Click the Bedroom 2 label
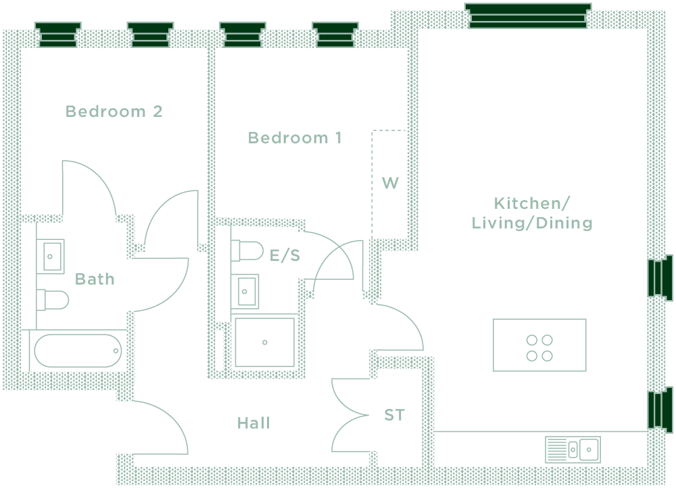click(114, 112)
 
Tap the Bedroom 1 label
click(295, 139)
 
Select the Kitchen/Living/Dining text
click(532, 213)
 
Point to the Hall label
click(254, 423)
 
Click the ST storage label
click(394, 415)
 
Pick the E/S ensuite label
click(285, 255)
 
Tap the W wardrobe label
click(390, 182)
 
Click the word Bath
click(95, 278)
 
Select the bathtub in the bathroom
click(78, 351)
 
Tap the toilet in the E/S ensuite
click(247, 251)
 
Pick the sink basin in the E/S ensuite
click(247, 291)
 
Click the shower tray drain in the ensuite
click(265, 342)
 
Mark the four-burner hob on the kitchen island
click(539, 347)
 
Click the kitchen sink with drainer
click(573, 449)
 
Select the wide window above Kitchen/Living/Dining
click(528, 16)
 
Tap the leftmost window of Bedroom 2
click(57, 34)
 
